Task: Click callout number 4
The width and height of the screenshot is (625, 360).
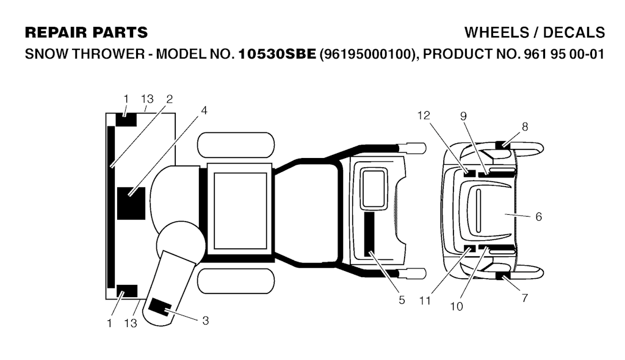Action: pyautogui.click(x=204, y=110)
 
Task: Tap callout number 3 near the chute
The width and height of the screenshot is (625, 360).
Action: pyautogui.click(x=205, y=320)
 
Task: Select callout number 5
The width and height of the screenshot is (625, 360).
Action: pyautogui.click(x=402, y=300)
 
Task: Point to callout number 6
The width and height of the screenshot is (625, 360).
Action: pyautogui.click(x=538, y=217)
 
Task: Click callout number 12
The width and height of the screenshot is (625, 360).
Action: pyautogui.click(x=424, y=115)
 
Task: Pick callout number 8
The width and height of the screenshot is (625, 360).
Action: pyautogui.click(x=525, y=127)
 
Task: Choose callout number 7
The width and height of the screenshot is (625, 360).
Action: pyautogui.click(x=524, y=298)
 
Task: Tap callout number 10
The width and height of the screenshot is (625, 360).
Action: pyautogui.click(x=457, y=306)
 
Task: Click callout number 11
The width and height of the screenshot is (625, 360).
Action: pyautogui.click(x=425, y=301)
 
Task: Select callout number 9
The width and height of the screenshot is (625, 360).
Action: pyautogui.click(x=463, y=116)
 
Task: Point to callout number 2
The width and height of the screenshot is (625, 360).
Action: pyautogui.click(x=170, y=99)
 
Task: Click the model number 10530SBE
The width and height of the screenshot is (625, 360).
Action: pyautogui.click(x=277, y=54)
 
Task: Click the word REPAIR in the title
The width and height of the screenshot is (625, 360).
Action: pyautogui.click(x=55, y=33)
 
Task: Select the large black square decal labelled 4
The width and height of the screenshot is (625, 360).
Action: pyautogui.click(x=131, y=203)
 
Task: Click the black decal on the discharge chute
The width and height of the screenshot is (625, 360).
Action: pyautogui.click(x=159, y=307)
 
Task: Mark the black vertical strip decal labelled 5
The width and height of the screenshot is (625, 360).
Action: pyautogui.click(x=369, y=234)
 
